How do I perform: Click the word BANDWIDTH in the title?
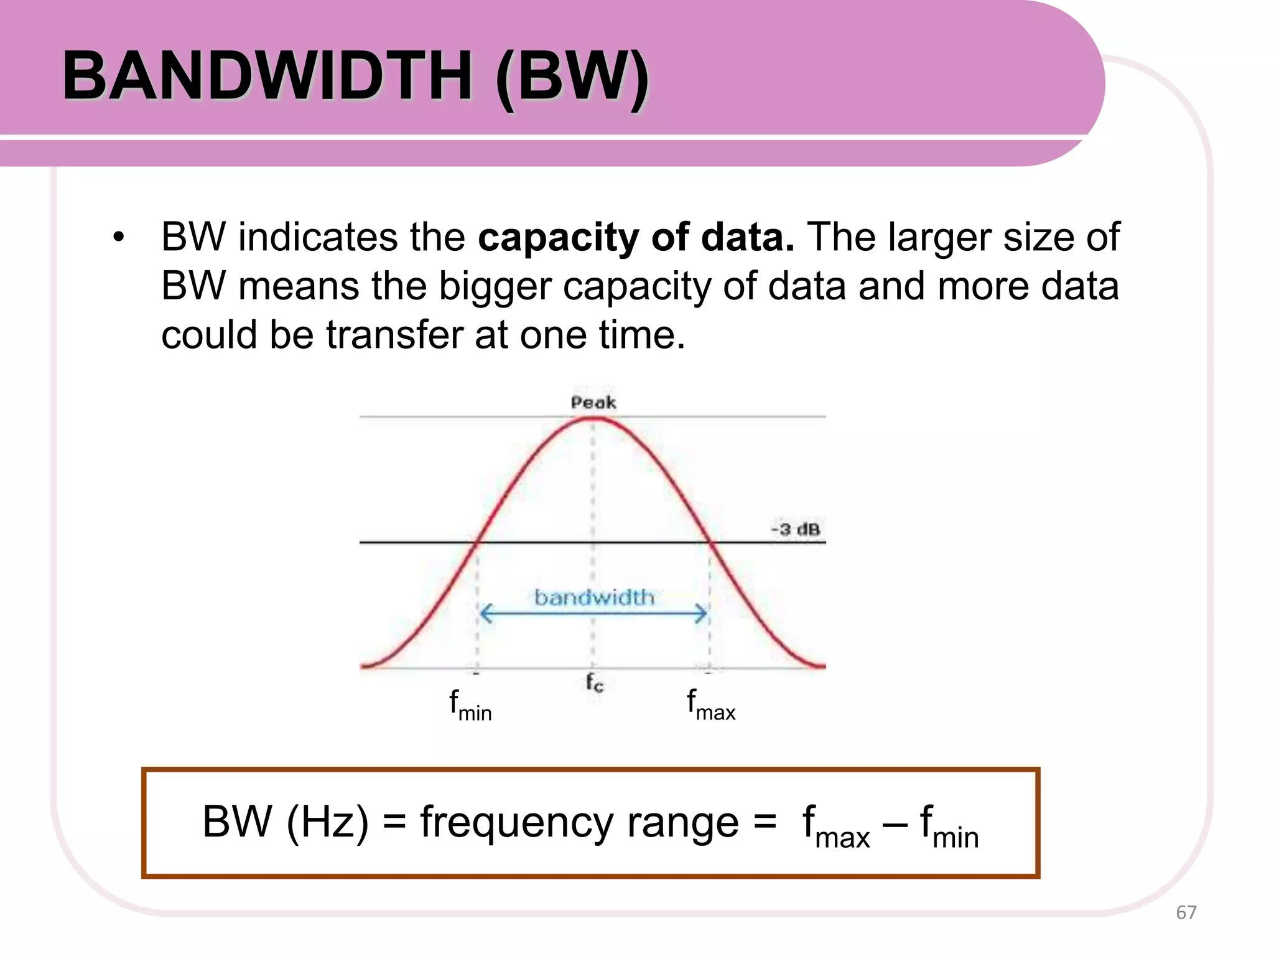coord(267,76)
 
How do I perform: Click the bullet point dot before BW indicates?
coord(118,237)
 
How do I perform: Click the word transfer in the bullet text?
coord(395,335)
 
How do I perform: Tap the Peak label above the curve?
coord(593,403)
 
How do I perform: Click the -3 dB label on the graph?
coord(796,530)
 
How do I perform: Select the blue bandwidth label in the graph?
coord(594,597)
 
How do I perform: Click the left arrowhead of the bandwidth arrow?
coord(486,614)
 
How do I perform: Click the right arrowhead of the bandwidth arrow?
coord(702,614)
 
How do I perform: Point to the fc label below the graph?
coord(594,683)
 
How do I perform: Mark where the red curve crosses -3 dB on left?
coord(475,543)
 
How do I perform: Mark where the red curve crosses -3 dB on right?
coord(710,543)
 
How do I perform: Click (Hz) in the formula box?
coord(327,822)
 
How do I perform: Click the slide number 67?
coord(1186,912)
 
